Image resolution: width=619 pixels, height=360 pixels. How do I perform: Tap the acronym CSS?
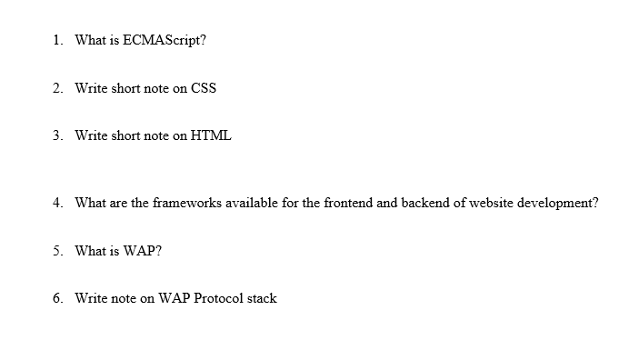(203, 88)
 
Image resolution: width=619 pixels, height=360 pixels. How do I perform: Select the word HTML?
(211, 135)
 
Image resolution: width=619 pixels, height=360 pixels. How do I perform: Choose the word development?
(558, 203)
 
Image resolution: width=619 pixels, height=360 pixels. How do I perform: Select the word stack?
(261, 298)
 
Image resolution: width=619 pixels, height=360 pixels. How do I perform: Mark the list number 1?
(57, 41)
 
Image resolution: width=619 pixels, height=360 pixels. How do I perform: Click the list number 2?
(57, 88)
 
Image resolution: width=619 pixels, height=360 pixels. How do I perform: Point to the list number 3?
(57, 135)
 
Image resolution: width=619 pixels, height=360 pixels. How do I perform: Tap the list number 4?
(57, 203)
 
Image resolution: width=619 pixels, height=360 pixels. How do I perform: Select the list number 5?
(57, 251)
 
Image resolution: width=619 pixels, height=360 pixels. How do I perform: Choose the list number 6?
(57, 298)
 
